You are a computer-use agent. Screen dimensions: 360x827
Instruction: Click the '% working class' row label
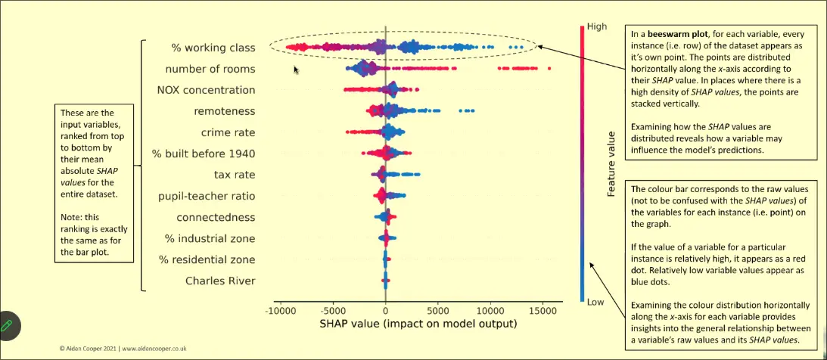[213, 48]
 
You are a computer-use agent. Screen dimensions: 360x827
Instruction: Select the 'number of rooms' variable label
[210, 69]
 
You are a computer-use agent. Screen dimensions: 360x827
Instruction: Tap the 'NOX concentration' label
[206, 90]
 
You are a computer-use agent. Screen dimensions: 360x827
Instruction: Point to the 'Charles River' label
[220, 281]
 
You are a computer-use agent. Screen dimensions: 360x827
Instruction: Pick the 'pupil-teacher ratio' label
[206, 197]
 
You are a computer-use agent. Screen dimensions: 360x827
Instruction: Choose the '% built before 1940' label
[203, 154]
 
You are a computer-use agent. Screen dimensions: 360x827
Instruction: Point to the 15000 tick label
[543, 309]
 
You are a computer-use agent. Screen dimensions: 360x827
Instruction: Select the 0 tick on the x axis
[386, 309]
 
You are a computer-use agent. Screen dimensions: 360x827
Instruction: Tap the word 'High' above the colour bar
[597, 27]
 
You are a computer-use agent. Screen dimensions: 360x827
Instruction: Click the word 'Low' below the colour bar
[595, 302]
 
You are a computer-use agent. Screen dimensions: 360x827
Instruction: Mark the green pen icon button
[9, 326]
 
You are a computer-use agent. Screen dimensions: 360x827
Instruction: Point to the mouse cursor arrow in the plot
[297, 70]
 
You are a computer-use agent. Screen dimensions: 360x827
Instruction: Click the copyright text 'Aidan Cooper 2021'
[90, 349]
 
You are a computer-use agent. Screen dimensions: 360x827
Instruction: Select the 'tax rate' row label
[235, 175]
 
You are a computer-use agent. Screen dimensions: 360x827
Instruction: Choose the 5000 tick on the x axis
[438, 309]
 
